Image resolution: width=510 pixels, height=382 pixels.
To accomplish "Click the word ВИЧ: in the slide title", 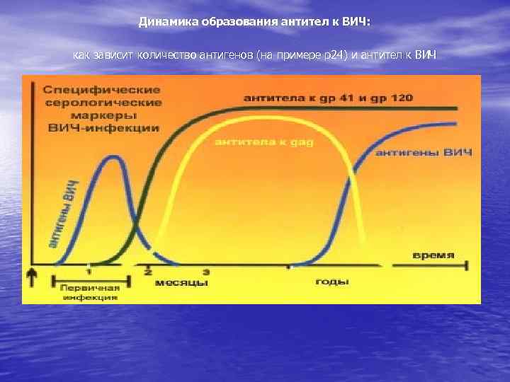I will point(356,21).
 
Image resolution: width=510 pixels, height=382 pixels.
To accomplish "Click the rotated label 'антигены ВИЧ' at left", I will point(62,215).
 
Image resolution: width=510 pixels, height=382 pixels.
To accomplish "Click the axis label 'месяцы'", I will point(181,282).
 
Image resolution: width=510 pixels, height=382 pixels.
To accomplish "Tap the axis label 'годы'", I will point(331,281).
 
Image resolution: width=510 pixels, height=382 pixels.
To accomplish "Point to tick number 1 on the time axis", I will point(89,270).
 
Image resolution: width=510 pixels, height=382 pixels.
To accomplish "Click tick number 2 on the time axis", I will point(148,271).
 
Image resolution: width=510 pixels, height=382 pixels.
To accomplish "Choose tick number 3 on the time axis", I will point(206,271).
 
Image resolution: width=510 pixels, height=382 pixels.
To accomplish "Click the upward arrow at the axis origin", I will point(31,276).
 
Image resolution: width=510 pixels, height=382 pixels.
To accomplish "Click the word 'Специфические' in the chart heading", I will point(102,91).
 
